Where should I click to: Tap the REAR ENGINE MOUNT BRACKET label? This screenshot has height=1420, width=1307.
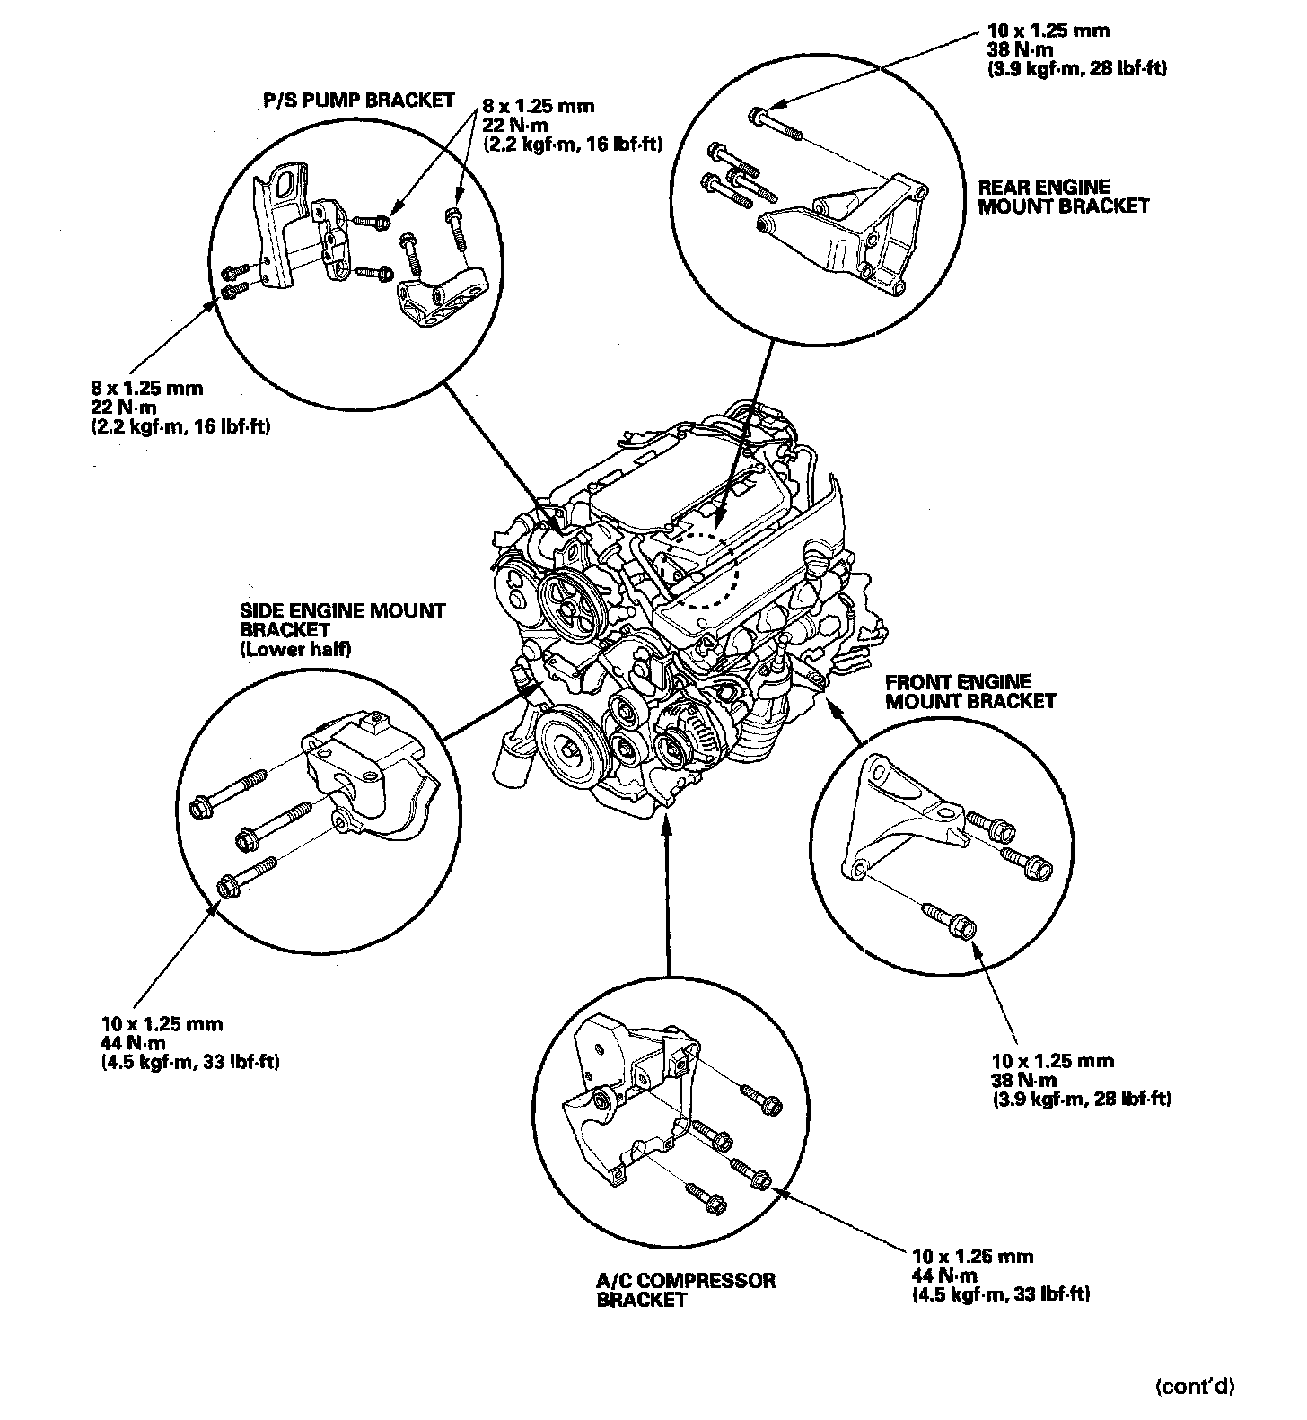click(1063, 197)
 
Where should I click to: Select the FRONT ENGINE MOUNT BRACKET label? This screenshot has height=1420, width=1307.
click(970, 691)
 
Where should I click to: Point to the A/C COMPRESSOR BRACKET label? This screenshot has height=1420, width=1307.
click(686, 1289)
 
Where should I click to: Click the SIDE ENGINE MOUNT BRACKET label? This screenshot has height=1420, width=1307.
click(342, 620)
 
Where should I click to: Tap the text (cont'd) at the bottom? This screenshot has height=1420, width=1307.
click(1194, 1387)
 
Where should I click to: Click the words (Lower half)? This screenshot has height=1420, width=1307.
click(295, 650)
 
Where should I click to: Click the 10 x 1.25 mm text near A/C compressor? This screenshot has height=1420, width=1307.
click(971, 1256)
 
